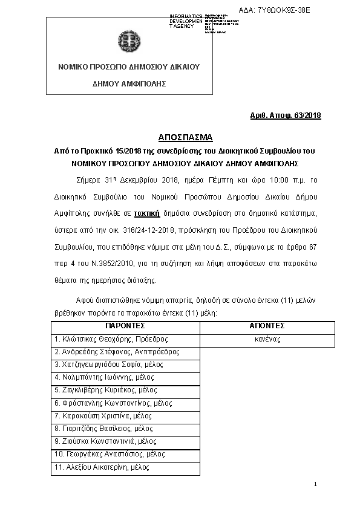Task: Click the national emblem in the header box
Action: point(129,42)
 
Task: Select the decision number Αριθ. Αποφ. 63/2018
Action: point(286,115)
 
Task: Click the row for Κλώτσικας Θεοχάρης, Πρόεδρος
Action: point(111,339)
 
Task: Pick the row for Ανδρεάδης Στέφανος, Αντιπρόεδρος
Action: point(117,352)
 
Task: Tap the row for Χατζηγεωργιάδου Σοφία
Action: point(109,365)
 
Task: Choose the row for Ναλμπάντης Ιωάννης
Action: point(102,377)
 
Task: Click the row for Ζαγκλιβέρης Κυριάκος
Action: point(106,391)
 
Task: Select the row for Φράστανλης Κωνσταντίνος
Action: point(113,403)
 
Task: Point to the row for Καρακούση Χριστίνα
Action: point(103,416)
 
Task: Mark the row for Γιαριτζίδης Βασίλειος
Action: point(103,429)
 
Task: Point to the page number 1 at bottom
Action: point(316,485)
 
